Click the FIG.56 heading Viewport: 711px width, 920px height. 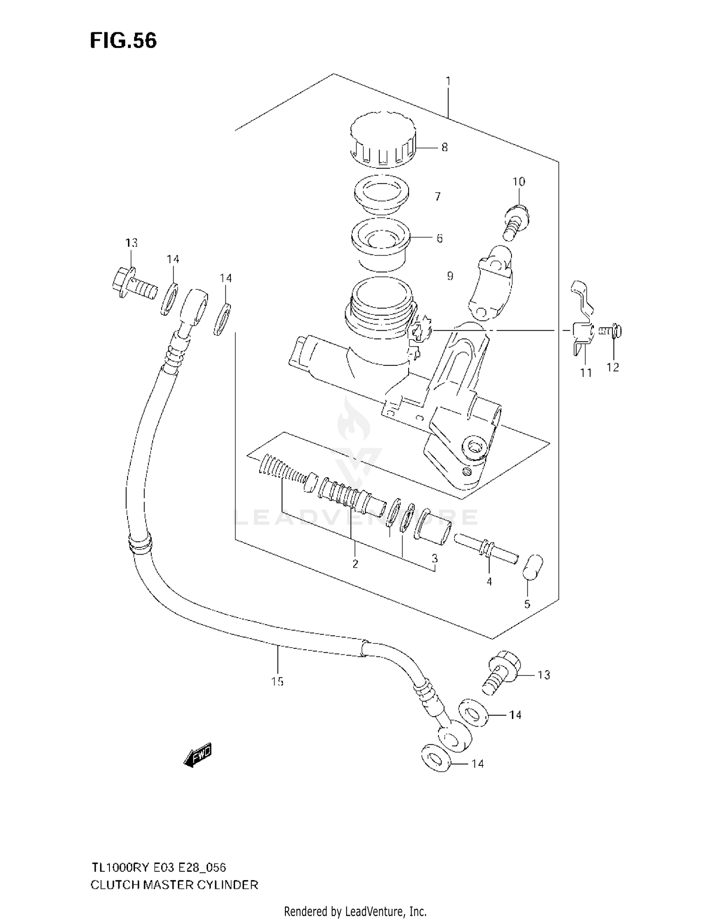tap(123, 41)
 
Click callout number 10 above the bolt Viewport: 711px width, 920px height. tap(519, 182)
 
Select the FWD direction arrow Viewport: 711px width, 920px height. tap(198, 755)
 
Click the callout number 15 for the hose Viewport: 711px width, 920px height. tap(277, 681)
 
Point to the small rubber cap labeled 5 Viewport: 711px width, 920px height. tap(533, 566)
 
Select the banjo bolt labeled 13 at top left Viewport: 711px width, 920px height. tap(134, 285)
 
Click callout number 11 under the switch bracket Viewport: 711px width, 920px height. tap(586, 373)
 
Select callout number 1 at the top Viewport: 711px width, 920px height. tap(447, 81)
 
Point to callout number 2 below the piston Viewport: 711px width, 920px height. tap(355, 564)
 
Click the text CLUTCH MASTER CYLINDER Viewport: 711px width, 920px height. tap(174, 884)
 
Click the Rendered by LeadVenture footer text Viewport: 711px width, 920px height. tap(355, 911)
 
